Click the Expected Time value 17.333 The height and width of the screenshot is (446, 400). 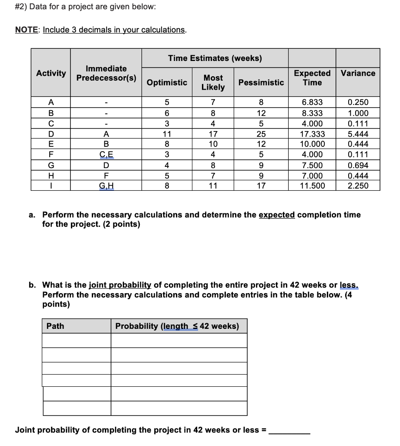[312, 134]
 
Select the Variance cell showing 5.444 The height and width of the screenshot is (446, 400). [358, 134]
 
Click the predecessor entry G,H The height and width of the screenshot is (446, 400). [106, 186]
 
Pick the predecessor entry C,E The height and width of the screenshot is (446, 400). [106, 154]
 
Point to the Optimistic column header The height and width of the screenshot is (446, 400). [167, 82]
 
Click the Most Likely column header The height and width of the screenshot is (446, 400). [213, 82]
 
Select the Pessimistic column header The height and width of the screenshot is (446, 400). [261, 82]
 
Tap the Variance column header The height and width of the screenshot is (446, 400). [358, 73]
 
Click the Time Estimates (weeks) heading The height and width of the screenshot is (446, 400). [215, 58]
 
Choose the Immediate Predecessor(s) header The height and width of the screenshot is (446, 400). [106, 73]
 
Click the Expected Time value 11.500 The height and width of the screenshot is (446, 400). [312, 186]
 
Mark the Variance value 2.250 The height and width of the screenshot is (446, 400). [358, 186]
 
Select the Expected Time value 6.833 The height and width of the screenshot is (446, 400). [312, 102]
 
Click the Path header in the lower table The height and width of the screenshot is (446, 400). [55, 326]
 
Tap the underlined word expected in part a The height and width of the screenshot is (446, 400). [276, 215]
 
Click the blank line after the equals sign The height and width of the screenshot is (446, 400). [289, 431]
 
